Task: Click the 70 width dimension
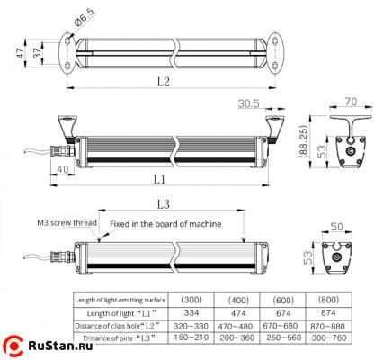pyautogui.click(x=350, y=102)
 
